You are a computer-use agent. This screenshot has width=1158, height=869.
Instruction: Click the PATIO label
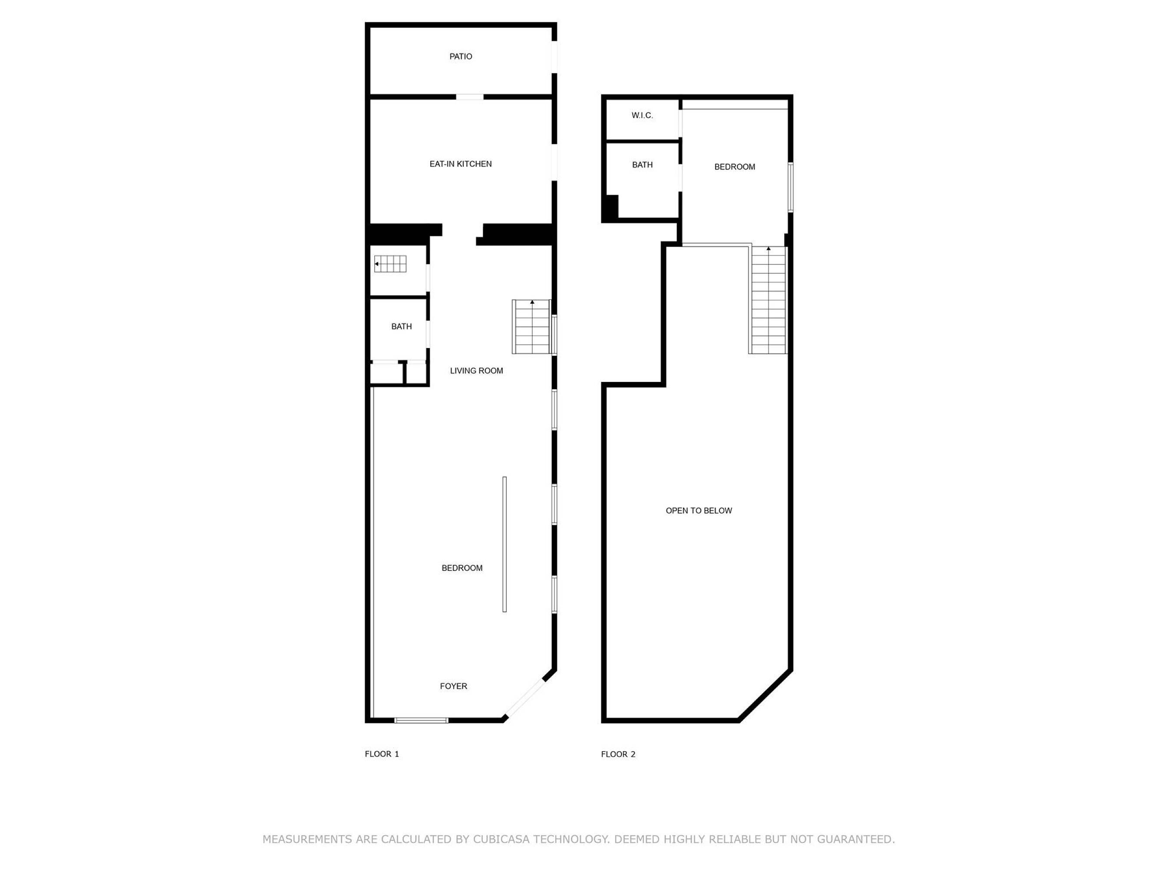pyautogui.click(x=461, y=56)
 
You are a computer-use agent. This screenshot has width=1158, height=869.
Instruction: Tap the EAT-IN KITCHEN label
pyautogui.click(x=461, y=164)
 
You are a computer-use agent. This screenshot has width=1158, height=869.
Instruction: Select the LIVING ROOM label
pyautogui.click(x=476, y=371)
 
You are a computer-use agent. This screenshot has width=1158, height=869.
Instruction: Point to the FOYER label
pyautogui.click(x=453, y=686)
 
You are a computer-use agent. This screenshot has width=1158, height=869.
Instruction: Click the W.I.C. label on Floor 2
pyautogui.click(x=642, y=115)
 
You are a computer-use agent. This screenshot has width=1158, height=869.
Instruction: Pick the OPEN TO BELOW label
pyautogui.click(x=699, y=511)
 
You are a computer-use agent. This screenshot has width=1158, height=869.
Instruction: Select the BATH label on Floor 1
pyautogui.click(x=402, y=327)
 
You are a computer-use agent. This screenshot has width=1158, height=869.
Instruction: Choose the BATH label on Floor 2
pyautogui.click(x=642, y=165)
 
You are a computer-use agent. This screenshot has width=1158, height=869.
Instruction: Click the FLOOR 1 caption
pyautogui.click(x=382, y=754)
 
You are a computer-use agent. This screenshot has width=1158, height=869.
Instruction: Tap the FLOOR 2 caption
pyautogui.click(x=618, y=754)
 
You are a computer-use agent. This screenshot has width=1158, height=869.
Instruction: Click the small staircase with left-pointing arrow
pyautogui.click(x=390, y=264)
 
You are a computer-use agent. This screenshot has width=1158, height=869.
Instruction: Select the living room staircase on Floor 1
pyautogui.click(x=532, y=327)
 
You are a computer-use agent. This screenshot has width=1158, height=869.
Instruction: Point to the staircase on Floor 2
pyautogui.click(x=768, y=300)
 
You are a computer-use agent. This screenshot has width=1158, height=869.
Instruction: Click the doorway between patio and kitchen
pyautogui.click(x=470, y=97)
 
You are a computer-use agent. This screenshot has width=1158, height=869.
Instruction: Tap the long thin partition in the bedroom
pyautogui.click(x=505, y=544)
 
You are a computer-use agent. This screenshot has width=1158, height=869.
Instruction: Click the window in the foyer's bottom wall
pyautogui.click(x=422, y=720)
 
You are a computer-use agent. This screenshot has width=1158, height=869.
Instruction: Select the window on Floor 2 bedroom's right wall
pyautogui.click(x=791, y=188)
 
